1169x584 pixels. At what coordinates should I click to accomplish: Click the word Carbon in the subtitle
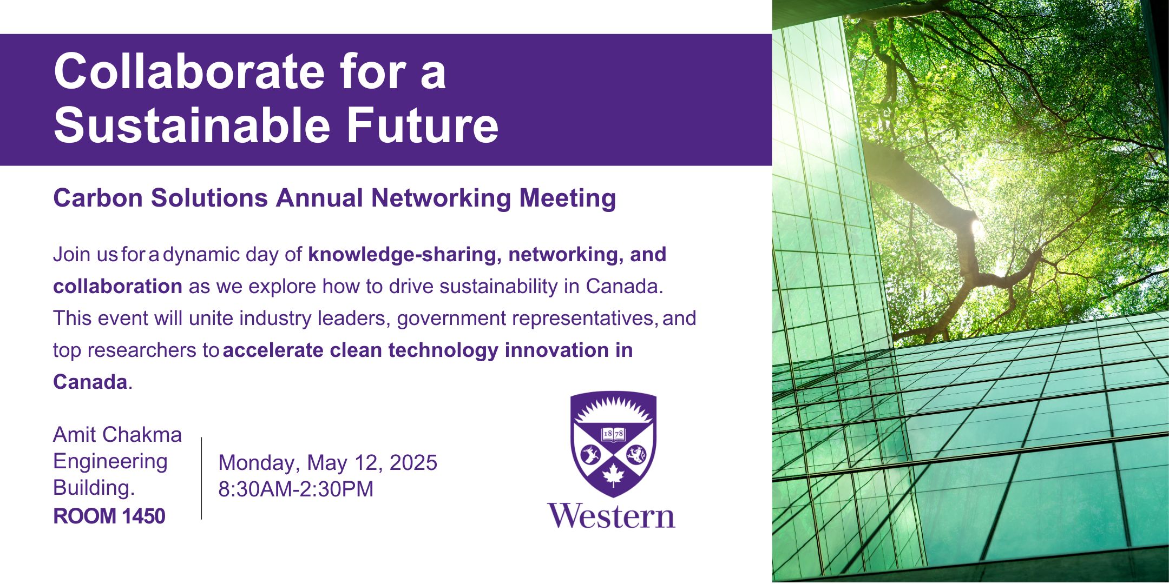tap(99, 198)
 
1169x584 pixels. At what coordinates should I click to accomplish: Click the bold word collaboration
tap(117, 286)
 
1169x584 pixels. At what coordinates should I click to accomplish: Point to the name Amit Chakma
tap(117, 435)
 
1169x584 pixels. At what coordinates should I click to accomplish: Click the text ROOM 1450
tap(109, 516)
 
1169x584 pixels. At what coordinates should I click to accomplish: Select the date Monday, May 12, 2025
tap(327, 463)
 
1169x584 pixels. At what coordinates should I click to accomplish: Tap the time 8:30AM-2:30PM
tap(296, 489)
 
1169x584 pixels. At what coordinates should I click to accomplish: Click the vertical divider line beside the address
tap(201, 479)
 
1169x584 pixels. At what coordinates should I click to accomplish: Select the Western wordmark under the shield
tap(611, 516)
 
